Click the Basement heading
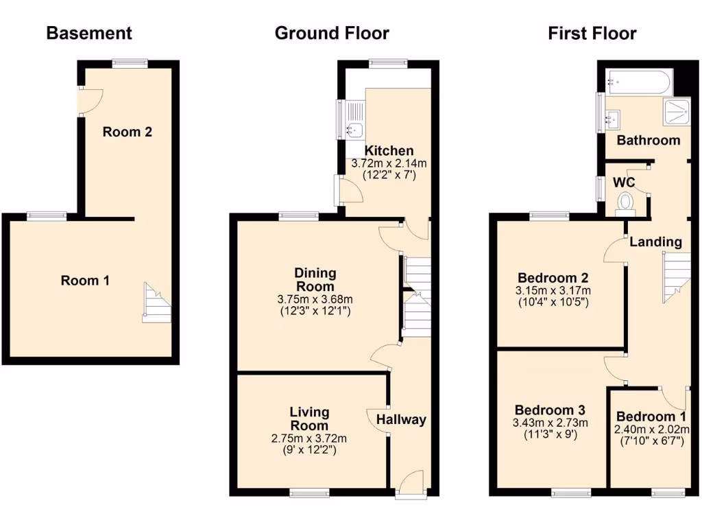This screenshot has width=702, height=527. click(x=89, y=33)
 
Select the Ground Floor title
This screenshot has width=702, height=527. click(x=332, y=33)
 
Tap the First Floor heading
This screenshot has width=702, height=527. click(x=592, y=33)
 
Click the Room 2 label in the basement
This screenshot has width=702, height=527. click(x=127, y=132)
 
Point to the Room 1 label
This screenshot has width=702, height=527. click(x=85, y=281)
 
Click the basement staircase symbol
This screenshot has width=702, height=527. click(x=156, y=303)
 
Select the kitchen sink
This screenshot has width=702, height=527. click(x=354, y=128)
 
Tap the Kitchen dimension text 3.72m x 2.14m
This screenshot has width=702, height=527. click(x=389, y=163)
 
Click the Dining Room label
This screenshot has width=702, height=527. click(x=315, y=279)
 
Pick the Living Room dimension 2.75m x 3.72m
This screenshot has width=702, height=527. click(x=309, y=438)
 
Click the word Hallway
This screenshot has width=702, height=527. click(x=401, y=419)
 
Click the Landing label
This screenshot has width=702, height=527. click(x=655, y=242)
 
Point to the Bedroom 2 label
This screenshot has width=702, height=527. click(x=553, y=278)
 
